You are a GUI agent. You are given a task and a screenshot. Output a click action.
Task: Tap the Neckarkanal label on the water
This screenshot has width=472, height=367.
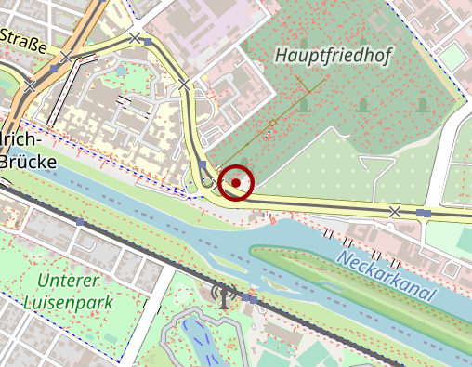tap(387, 276)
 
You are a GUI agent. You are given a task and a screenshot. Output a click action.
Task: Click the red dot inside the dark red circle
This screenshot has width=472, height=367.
tap(237, 183)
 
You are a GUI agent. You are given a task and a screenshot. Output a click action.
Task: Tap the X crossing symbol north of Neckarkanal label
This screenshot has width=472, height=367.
tap(395, 212)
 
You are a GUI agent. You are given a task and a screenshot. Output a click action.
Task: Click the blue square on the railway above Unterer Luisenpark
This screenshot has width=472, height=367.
tap(81, 223)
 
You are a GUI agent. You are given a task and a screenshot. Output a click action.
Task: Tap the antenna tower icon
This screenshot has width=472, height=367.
tap(224, 295)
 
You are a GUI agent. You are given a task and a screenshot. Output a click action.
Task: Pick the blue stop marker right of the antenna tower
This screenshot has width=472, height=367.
tap(253, 300)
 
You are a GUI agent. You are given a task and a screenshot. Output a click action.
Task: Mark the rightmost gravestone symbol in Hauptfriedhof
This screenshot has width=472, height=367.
tap(423, 105)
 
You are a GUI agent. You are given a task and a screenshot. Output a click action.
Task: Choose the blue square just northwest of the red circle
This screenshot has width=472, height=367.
tap(203, 164)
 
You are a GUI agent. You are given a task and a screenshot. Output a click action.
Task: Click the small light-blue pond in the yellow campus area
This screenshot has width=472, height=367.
tap(121, 72)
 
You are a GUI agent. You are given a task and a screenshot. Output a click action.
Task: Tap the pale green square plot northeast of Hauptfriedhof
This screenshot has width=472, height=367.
tap(452, 58)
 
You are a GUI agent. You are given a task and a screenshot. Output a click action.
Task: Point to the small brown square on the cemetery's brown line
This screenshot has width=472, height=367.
tap(272, 124)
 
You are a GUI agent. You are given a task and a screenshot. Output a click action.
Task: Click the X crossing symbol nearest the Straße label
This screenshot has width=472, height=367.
tap(66, 59)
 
